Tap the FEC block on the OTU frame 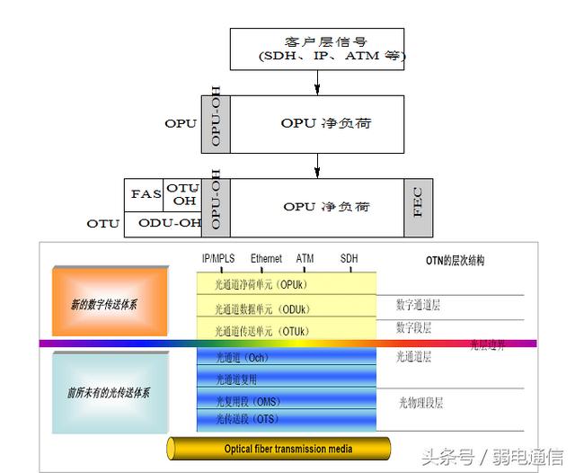418,208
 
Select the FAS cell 146,194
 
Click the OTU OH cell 184,194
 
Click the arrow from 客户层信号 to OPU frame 317,83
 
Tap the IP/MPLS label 218,259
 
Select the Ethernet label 267,259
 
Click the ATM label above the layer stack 305,259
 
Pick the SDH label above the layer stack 349,259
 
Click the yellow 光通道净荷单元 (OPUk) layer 286,283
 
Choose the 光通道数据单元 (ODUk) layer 286,308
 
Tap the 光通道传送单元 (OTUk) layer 286,330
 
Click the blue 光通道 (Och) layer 286,357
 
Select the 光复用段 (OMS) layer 286,401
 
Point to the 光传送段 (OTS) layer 286,419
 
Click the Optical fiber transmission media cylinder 279,449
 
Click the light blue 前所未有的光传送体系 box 109,393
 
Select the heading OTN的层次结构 455,260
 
